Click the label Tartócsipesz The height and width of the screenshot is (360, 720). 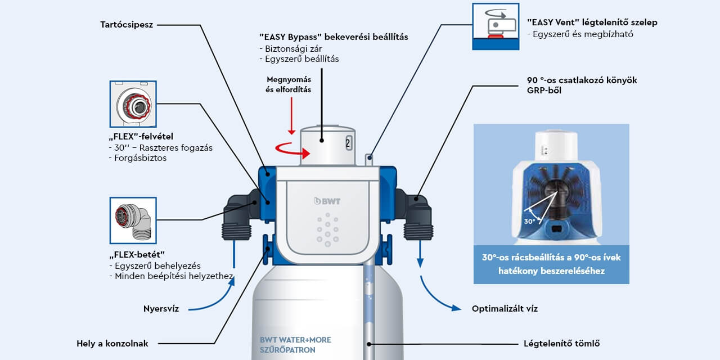[x=127, y=25]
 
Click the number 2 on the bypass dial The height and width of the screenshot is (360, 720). [x=348, y=143]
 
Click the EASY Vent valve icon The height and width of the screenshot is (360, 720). [x=496, y=25]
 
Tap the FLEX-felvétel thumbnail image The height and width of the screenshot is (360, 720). [x=133, y=105]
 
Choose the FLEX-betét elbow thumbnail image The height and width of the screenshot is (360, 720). [x=133, y=220]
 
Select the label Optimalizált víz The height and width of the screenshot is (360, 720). [x=505, y=308]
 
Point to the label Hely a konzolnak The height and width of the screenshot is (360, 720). [x=112, y=343]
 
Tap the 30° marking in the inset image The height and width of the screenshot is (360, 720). [x=529, y=222]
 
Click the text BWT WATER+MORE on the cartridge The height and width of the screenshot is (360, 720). [x=295, y=340]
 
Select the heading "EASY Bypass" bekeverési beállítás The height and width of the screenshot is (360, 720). [x=334, y=37]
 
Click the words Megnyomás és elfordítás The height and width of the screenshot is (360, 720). [x=288, y=84]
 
